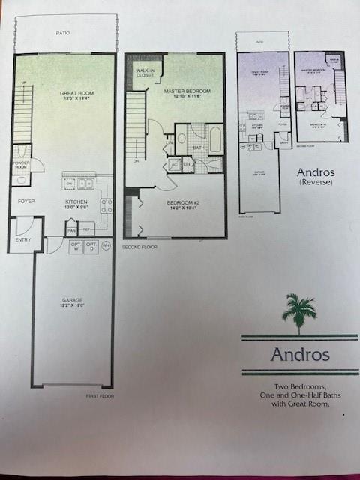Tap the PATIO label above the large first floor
(x=65, y=33)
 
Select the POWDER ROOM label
(x=20, y=165)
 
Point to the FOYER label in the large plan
(x=27, y=201)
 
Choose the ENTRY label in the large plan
(x=23, y=240)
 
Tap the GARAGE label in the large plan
(x=73, y=302)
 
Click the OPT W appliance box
(x=76, y=247)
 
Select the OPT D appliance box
(x=91, y=247)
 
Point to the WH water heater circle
(x=106, y=245)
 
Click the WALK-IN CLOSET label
(x=144, y=73)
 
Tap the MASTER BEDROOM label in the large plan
(x=187, y=93)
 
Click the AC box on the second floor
(x=173, y=163)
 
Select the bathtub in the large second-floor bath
(x=214, y=140)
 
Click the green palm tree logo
(x=299, y=312)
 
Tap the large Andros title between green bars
(x=299, y=353)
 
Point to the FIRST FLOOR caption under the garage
(x=99, y=395)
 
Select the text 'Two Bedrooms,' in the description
(x=299, y=387)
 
